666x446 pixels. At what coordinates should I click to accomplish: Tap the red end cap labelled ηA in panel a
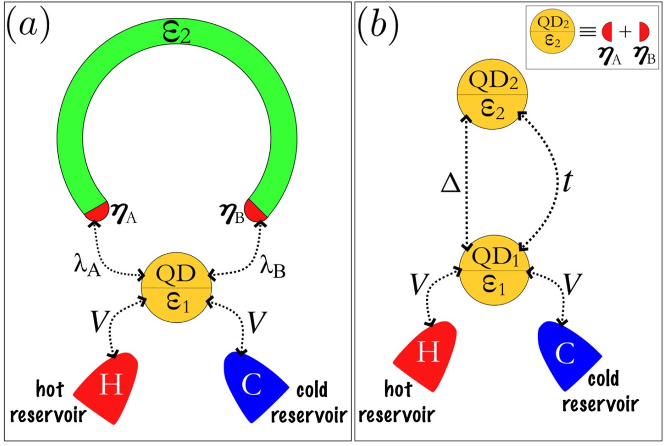97,211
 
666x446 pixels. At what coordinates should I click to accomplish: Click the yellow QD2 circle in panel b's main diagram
493,96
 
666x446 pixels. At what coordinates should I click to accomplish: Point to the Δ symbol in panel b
451,183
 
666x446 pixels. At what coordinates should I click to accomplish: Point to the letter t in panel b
567,182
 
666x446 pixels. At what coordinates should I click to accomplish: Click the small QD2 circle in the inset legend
552,32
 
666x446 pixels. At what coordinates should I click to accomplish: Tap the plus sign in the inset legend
625,32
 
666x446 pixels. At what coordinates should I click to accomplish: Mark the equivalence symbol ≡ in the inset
588,32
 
